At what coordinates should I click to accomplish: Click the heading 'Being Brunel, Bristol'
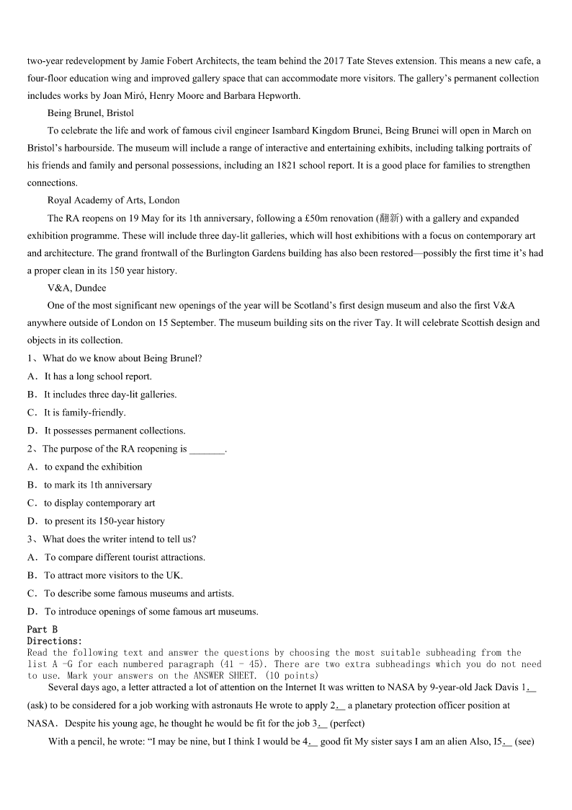pos(90,113)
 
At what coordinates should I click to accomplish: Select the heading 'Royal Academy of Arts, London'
pos(113,200)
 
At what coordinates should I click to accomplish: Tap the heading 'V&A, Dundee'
pos(76,288)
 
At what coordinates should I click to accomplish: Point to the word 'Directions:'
pos(55,640)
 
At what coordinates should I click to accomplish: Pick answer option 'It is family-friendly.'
pos(84,413)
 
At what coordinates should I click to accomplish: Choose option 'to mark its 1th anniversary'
pos(98,485)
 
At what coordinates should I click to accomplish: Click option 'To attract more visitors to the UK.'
pos(113,575)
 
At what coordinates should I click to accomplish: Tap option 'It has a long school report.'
pos(98,376)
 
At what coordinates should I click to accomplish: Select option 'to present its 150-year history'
pos(104,521)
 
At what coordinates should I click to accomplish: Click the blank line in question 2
pos(207,449)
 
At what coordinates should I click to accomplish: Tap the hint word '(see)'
pos(525,741)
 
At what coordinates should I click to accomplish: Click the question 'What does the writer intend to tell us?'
pos(119,539)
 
